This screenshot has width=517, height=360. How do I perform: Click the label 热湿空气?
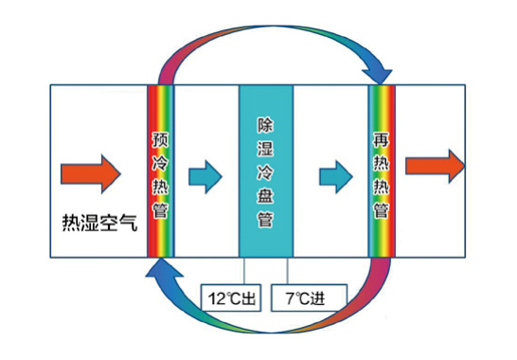tap(98, 225)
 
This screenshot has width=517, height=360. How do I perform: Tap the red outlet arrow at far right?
tap(435, 166)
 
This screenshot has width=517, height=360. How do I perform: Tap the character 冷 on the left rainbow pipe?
tap(160, 162)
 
